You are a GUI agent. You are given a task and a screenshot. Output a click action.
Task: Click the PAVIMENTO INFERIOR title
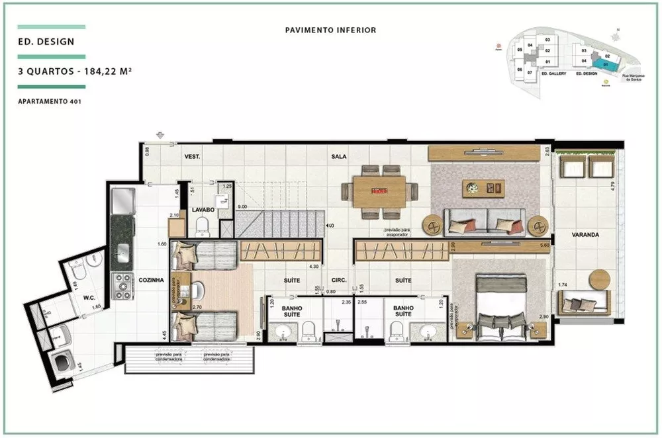330,30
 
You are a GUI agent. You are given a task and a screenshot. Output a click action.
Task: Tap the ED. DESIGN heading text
46,41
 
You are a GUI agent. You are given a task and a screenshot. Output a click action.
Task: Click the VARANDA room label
586,235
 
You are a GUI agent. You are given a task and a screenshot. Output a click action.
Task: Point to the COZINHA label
151,280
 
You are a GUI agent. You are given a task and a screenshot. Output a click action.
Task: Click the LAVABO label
203,210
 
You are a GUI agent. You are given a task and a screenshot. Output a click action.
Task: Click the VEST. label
193,157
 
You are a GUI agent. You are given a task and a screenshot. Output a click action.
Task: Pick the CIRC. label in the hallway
340,280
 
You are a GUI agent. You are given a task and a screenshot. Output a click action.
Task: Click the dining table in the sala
379,191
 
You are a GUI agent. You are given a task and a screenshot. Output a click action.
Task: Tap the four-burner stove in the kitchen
122,286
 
